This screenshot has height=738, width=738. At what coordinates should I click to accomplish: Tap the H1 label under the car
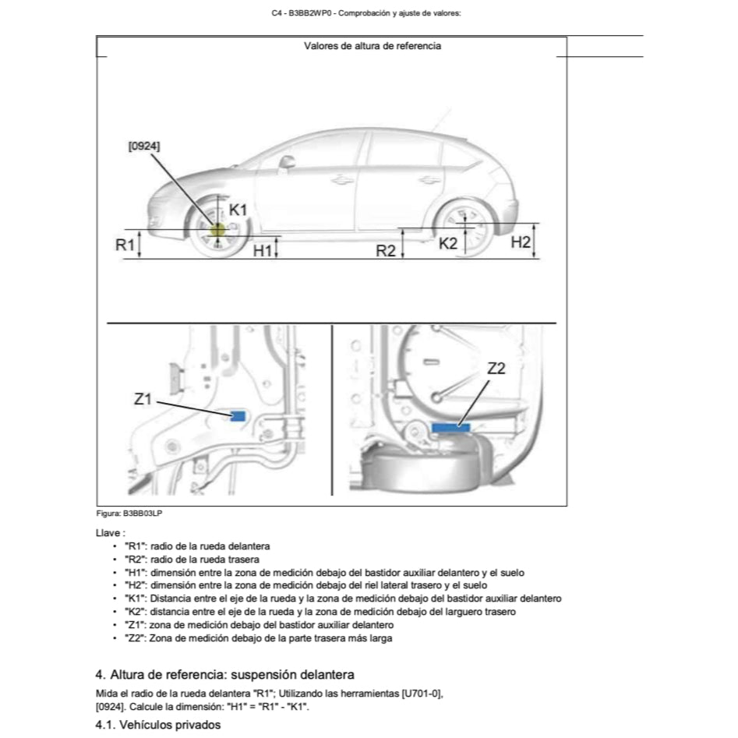tap(263, 249)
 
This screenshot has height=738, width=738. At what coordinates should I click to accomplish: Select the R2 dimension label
tap(387, 250)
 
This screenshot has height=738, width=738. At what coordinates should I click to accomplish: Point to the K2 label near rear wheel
tap(448, 243)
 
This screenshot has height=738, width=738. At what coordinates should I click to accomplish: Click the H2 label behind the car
tap(521, 242)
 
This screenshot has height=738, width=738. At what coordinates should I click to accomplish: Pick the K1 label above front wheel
tap(238, 210)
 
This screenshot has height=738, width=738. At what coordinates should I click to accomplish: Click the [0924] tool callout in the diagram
tap(145, 146)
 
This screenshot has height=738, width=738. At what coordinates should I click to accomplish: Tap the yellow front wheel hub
tap(217, 230)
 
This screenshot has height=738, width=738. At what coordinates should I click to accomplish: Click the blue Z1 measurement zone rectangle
tap(238, 416)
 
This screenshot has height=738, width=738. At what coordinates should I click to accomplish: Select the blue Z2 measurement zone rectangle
tap(451, 426)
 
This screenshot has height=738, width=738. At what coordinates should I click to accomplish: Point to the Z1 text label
tap(143, 399)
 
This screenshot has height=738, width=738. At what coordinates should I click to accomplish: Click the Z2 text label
tap(496, 369)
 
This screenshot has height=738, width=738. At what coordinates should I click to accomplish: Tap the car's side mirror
tap(288, 162)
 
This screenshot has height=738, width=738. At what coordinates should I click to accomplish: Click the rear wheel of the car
tap(465, 230)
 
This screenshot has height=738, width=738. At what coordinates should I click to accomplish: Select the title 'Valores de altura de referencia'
tap(372, 46)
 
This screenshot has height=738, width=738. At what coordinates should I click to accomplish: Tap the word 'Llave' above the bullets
tap(109, 533)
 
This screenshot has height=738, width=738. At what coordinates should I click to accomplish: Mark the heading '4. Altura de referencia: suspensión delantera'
tap(224, 674)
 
